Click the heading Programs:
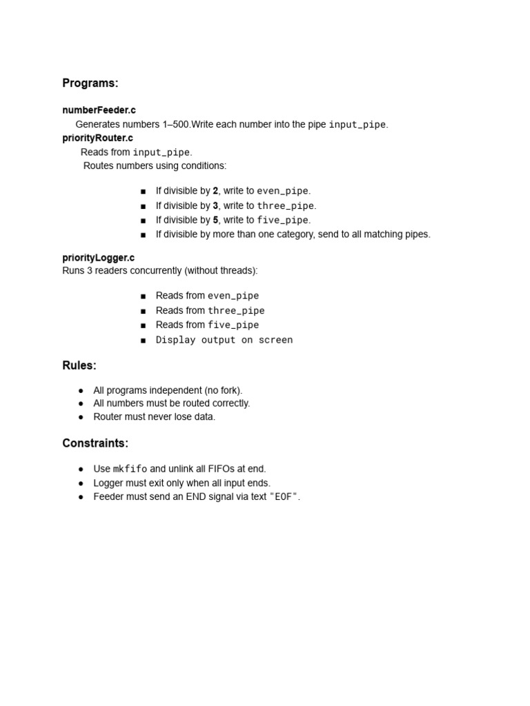[90, 83]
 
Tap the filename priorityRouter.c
[97, 138]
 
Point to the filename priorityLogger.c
[99, 258]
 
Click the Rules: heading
[79, 365]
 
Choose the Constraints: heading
[95, 443]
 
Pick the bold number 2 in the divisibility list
[215, 191]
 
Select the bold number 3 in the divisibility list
[215, 205]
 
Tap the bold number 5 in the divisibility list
[215, 220]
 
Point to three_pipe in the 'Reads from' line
[236, 311]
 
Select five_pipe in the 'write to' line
[282, 220]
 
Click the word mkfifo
[130, 469]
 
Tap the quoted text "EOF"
[284, 497]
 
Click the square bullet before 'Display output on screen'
[143, 340]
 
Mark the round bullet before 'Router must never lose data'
[81, 417]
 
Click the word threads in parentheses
[238, 270]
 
